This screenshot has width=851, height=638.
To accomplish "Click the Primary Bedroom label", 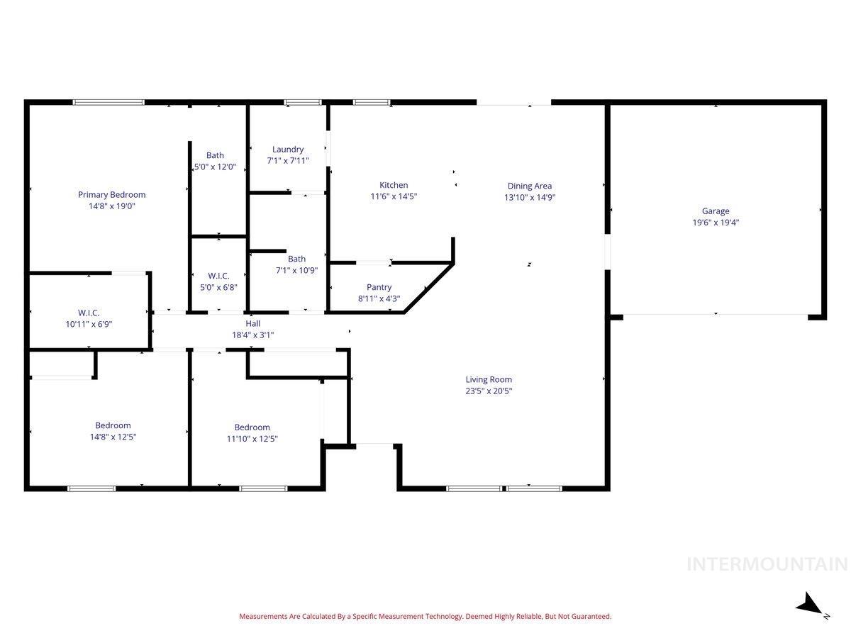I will [x=111, y=195].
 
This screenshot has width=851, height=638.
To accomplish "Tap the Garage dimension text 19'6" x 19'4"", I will [x=716, y=222].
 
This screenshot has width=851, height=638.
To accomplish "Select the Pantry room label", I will [x=379, y=287].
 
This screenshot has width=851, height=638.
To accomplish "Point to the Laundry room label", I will [x=288, y=150].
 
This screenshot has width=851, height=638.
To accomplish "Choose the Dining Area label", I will [x=529, y=186].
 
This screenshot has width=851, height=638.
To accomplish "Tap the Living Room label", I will [x=489, y=379].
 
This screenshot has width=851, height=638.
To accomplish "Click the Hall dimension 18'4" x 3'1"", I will [x=252, y=335].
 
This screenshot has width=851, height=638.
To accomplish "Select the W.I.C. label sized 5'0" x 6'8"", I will [x=218, y=275].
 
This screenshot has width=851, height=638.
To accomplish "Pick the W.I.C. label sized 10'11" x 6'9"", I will [x=89, y=313].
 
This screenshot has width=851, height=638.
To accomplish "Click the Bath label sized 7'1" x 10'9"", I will [x=296, y=259].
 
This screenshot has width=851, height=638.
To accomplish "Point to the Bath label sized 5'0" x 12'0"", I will [x=215, y=155].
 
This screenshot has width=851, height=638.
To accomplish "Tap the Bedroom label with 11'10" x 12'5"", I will [x=252, y=427].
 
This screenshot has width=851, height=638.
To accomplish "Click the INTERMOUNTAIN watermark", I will [x=767, y=564].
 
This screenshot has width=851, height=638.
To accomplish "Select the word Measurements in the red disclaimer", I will [x=263, y=617].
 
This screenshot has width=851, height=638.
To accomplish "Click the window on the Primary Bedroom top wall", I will [x=109, y=102].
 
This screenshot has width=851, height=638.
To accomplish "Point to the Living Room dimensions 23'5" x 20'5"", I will [x=489, y=391].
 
